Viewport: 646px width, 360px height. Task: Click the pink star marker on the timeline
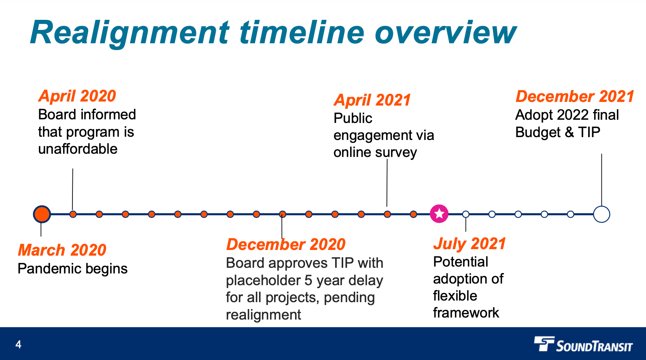pos(439,214)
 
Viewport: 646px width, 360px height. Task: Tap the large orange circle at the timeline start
pos(42,214)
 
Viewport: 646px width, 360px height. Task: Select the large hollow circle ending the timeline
pos(601,214)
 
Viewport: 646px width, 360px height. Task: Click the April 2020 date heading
pos(77,96)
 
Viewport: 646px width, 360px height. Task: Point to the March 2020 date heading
pos(62,250)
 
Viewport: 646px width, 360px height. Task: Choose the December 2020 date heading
pos(285,244)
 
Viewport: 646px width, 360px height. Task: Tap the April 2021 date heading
pos(372,100)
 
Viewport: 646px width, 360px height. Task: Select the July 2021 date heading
pos(470,244)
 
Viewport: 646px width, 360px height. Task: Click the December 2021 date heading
pos(574,96)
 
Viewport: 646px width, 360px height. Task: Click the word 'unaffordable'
pos(78,149)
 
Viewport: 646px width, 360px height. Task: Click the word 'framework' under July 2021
pos(466,313)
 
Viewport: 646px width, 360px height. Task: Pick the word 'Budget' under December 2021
pos(538,132)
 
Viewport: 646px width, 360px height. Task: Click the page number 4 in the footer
pos(18,345)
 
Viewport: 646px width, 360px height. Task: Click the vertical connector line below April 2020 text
pos(72,188)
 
